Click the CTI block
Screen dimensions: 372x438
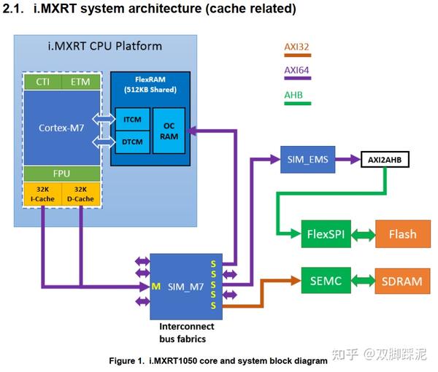(43, 82)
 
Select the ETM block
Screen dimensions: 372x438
(80, 82)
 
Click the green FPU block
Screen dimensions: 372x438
(62, 174)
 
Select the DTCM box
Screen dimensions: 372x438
(131, 139)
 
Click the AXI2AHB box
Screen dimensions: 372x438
(383, 158)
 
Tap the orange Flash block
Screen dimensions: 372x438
(402, 234)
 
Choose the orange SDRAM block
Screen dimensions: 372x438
(402, 280)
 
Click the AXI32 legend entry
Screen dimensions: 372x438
(297, 47)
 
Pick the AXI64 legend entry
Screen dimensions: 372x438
(297, 70)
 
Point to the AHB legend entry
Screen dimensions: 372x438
(293, 96)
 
